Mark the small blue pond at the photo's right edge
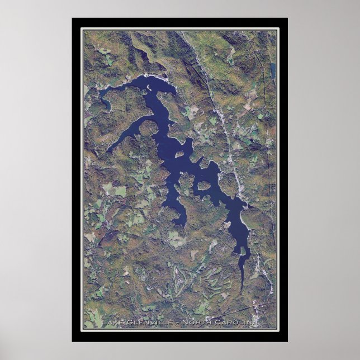(273, 70)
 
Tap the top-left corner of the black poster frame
(73, 19)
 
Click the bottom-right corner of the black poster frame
(287, 341)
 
